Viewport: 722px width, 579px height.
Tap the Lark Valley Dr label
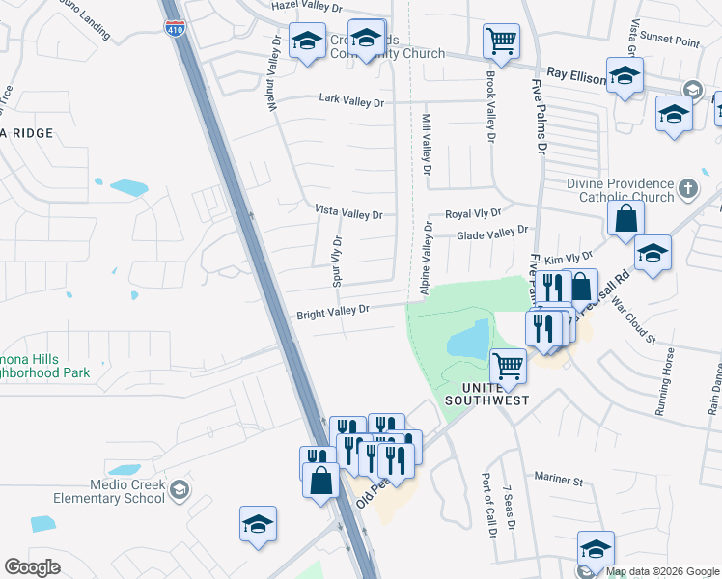pyautogui.click(x=351, y=101)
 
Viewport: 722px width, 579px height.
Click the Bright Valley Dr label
pyautogui.click(x=333, y=311)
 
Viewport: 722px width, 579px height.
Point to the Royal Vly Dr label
pyautogui.click(x=473, y=213)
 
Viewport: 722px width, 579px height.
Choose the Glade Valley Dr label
pyautogui.click(x=492, y=233)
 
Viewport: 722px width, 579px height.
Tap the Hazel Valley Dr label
pyautogui.click(x=307, y=7)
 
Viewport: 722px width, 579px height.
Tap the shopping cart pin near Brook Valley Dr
pyautogui.click(x=501, y=41)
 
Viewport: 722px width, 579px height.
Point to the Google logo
pyautogui.click(x=32, y=567)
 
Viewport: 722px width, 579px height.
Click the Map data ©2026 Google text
pyautogui.click(x=662, y=571)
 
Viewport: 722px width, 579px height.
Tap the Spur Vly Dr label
pyautogui.click(x=338, y=262)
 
